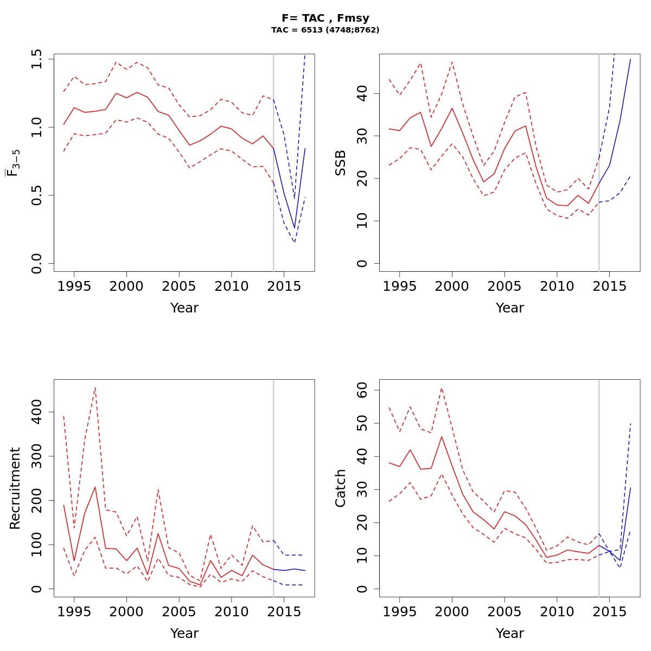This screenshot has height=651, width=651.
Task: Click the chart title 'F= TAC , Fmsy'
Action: coord(325,18)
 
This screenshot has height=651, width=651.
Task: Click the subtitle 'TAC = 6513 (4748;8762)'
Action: coord(325,30)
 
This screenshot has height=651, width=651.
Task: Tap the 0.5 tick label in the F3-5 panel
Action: coord(37,195)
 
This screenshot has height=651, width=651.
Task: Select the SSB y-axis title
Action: coord(341,163)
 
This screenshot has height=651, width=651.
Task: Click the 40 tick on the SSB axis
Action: coord(362,94)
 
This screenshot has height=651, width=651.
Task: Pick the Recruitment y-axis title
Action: coord(15,488)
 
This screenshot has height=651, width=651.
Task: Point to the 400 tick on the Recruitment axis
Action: coord(37,412)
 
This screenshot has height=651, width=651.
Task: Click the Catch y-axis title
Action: coord(341,488)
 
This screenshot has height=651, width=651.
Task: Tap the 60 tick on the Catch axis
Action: coord(362,390)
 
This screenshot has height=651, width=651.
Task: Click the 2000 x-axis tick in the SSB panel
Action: coord(452,285)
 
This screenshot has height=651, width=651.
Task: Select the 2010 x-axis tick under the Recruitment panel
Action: coord(232,611)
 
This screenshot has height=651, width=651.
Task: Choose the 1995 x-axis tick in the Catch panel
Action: coord(399,611)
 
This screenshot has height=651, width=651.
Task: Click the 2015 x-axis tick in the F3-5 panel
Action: coord(284,285)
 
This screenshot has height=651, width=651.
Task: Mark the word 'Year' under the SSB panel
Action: coord(509,308)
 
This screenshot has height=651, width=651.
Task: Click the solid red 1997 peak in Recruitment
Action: coord(95,487)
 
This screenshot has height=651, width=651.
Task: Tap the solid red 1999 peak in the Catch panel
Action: coord(442,437)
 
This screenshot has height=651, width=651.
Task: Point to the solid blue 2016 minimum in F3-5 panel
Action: coord(295,228)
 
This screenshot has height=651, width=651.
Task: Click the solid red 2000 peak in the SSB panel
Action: coord(452,108)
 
